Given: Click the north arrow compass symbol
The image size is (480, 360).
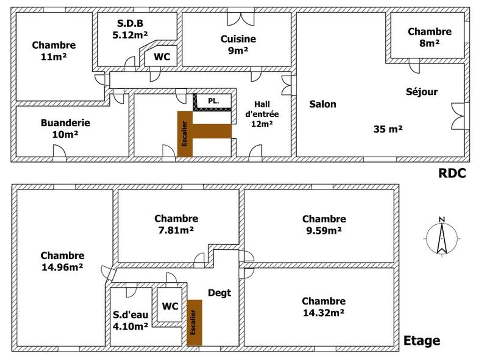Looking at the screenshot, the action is click(442, 239).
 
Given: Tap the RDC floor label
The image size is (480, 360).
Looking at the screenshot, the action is click(452, 173).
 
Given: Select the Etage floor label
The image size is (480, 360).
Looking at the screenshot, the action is click(422, 341).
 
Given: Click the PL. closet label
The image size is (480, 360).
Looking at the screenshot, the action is click(214, 101).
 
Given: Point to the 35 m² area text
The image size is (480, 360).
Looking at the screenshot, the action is click(388, 129).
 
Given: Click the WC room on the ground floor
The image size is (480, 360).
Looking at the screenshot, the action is click(162, 57).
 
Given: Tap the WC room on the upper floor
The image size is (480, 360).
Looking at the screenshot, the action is click(170, 306).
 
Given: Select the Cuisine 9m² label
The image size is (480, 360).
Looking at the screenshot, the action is click(238, 45).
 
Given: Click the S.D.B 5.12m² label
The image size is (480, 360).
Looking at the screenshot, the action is click(130, 29).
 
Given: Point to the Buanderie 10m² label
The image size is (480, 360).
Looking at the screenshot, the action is click(65, 128).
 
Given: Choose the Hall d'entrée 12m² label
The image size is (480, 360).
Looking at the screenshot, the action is click(262, 114).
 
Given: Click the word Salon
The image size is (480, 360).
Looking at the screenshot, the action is click(322, 104).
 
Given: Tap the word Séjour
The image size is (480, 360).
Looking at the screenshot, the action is click(422, 92).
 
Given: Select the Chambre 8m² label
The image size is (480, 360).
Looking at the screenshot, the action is click(430, 37).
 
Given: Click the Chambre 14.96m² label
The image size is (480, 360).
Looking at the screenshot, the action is click(62, 261).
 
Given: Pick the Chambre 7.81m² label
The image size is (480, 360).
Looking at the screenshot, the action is click(176, 224).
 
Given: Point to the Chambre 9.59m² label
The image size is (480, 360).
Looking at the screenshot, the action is click(324, 225).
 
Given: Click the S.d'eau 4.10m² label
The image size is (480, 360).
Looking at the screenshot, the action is click(130, 320).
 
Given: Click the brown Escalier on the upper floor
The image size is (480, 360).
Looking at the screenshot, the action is click(194, 323).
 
